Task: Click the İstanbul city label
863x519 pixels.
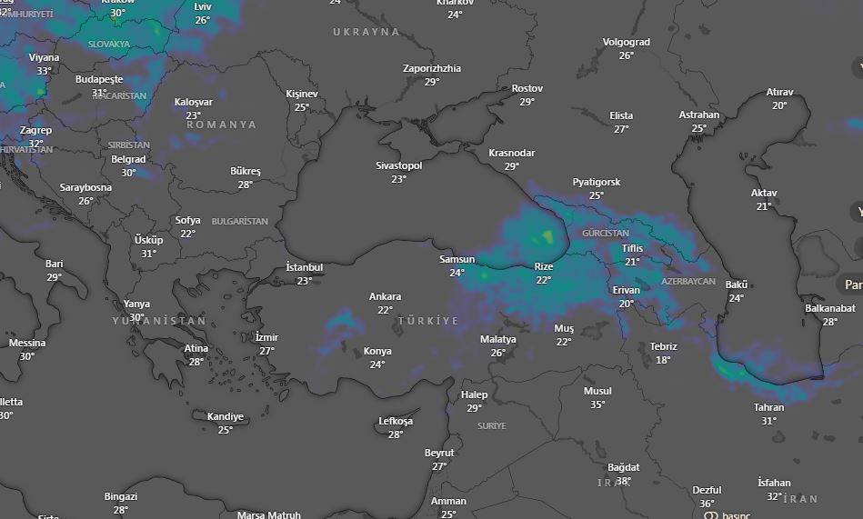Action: tap(305, 267)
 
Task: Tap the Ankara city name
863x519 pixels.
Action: tap(385, 296)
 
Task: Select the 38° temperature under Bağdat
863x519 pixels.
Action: tap(623, 481)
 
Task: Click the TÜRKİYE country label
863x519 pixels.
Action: tap(427, 322)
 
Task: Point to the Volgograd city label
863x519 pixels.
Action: tap(626, 43)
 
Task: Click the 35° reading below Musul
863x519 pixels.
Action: tap(597, 404)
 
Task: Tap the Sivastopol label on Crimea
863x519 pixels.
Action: tap(398, 166)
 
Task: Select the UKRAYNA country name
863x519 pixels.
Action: tap(366, 32)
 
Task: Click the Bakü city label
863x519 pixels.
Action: tap(736, 285)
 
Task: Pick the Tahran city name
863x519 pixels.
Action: tap(768, 407)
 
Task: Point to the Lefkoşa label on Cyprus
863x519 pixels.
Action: tap(396, 422)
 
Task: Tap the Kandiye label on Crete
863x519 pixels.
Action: tap(225, 417)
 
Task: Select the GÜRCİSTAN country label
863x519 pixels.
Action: tap(605, 234)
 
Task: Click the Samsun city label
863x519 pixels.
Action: tap(457, 259)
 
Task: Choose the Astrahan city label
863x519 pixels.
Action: tap(698, 115)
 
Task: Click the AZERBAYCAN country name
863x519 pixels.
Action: tap(688, 282)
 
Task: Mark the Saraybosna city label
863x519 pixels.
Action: tap(85, 188)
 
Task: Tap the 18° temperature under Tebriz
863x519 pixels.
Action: tap(663, 360)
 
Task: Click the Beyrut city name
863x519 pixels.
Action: tap(439, 453)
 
